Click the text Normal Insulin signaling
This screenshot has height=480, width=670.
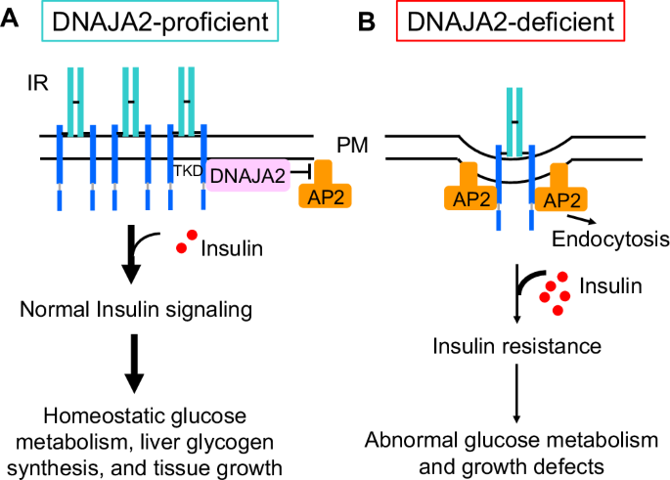point(134,310)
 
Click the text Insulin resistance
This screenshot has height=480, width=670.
point(516,347)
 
